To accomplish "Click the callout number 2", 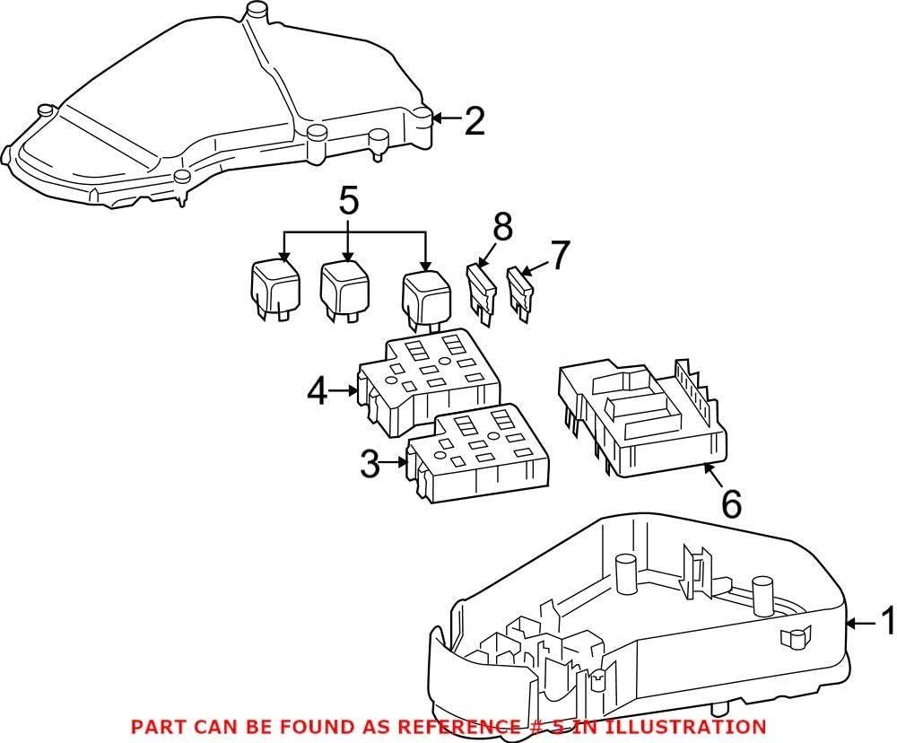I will point(475,121).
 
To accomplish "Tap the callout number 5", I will point(348,201).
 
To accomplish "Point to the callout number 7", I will point(559,256).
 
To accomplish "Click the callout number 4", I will point(317,391).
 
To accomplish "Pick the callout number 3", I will point(370,464).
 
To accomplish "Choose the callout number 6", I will point(731,504).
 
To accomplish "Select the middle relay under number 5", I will point(342,289).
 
